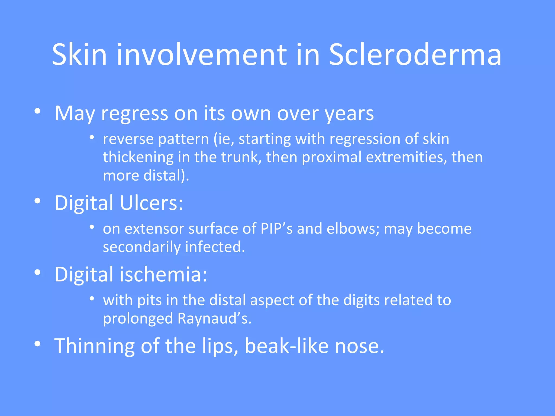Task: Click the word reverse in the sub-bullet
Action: pyautogui.click(x=128, y=139)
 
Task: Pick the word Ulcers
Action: pyautogui.click(x=151, y=203)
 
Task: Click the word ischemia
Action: pyautogui.click(x=163, y=274)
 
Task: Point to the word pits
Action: pyautogui.click(x=149, y=300)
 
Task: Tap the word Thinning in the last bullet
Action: pyautogui.click(x=94, y=346)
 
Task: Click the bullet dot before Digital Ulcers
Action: pyautogui.click(x=38, y=201)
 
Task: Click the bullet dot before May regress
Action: pyautogui.click(x=38, y=111)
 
